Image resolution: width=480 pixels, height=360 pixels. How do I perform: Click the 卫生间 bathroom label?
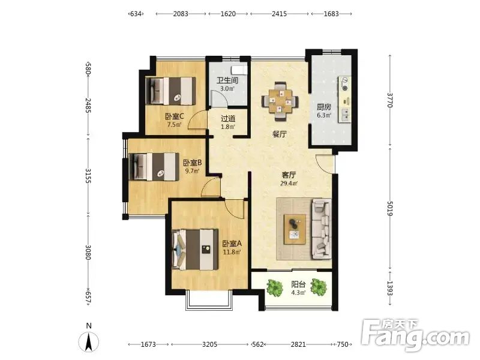click(x=227, y=80)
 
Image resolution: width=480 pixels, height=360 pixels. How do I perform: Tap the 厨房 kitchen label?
click(x=324, y=107)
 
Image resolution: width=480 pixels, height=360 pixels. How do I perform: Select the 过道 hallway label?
click(x=228, y=118)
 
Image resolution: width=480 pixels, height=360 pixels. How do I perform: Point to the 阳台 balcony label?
click(x=298, y=284)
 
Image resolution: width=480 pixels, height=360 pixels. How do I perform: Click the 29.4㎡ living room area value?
click(x=289, y=184)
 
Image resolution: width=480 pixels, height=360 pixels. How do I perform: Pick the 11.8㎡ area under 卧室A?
click(x=232, y=252)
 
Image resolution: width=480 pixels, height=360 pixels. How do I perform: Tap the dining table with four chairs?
click(x=280, y=101)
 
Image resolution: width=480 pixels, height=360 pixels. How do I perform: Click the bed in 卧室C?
click(x=170, y=91)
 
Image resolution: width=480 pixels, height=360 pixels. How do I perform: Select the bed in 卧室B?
click(x=154, y=167)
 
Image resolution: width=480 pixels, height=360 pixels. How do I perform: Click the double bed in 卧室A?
click(x=195, y=250)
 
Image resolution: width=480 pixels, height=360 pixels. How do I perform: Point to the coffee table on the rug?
click(x=295, y=229)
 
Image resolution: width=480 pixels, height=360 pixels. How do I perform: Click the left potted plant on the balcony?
click(x=275, y=287)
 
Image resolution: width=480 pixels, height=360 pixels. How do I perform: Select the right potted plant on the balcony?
click(x=319, y=287)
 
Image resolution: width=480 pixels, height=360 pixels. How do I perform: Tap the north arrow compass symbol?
click(x=89, y=342)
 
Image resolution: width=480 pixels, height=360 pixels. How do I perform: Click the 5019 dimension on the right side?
click(x=389, y=208)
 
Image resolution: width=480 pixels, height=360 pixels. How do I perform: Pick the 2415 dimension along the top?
click(x=280, y=14)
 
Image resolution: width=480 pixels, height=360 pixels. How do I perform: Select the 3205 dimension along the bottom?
click(x=210, y=344)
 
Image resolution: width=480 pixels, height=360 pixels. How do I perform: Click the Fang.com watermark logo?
click(x=415, y=335)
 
